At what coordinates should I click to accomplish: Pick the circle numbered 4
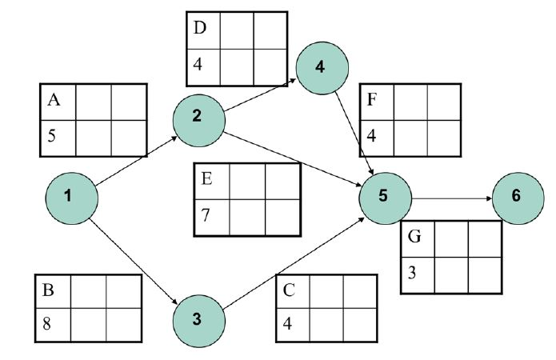point(321,66)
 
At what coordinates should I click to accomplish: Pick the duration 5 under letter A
point(51,135)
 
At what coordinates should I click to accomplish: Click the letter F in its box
point(371,102)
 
